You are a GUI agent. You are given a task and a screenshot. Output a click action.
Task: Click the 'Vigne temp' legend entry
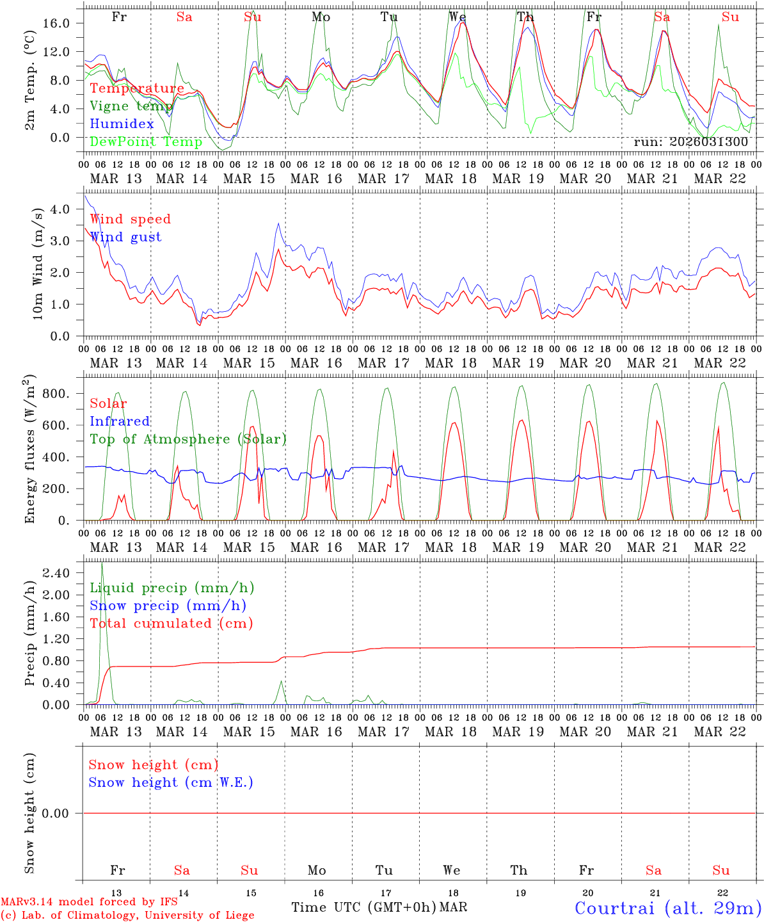point(131,106)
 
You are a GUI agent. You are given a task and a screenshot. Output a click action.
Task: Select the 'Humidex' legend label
point(122,124)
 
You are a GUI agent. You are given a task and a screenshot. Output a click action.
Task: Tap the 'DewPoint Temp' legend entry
point(146,142)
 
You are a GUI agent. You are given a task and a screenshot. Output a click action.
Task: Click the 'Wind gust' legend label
point(125,237)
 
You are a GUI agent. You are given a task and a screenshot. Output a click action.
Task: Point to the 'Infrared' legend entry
point(120,421)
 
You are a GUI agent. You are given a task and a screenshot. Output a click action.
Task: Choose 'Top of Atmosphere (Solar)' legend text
point(188,439)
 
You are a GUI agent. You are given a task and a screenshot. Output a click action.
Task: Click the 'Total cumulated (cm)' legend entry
point(171,624)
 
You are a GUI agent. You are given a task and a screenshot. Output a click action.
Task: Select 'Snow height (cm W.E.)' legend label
point(171,782)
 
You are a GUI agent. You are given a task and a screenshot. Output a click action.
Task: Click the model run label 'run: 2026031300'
point(690,142)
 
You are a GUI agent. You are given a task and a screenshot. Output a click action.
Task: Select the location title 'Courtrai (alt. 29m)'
point(668,908)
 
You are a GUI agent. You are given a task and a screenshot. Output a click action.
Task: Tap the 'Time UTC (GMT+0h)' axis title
point(364,907)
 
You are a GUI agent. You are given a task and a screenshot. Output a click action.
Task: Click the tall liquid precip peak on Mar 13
point(102,565)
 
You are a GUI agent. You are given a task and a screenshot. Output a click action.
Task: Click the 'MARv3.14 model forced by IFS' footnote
point(89,902)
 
